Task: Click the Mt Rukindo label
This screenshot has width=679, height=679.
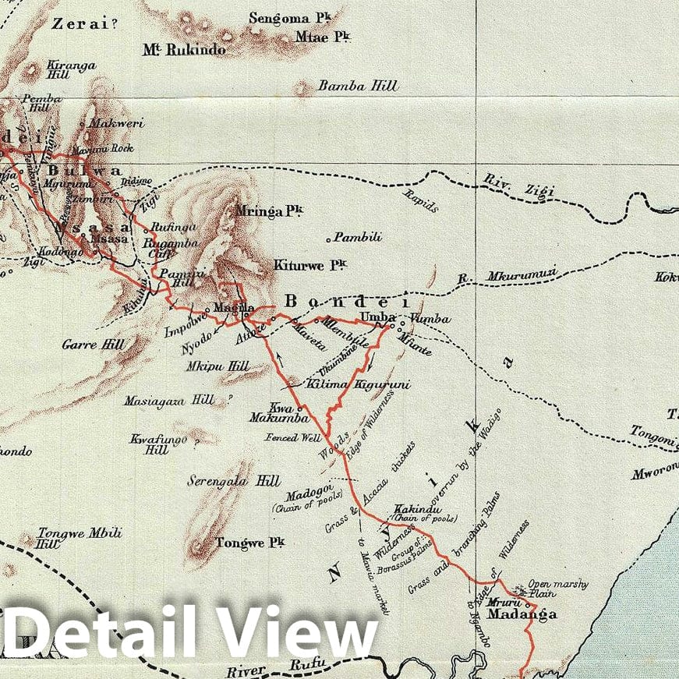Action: pos(184,50)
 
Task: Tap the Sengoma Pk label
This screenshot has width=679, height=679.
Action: pos(279,18)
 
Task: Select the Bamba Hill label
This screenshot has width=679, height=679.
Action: pos(358,86)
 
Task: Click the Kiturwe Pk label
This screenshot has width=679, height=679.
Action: pos(309,266)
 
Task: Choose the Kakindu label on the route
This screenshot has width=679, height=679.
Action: pos(413,507)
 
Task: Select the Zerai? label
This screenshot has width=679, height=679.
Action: pos(80,23)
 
